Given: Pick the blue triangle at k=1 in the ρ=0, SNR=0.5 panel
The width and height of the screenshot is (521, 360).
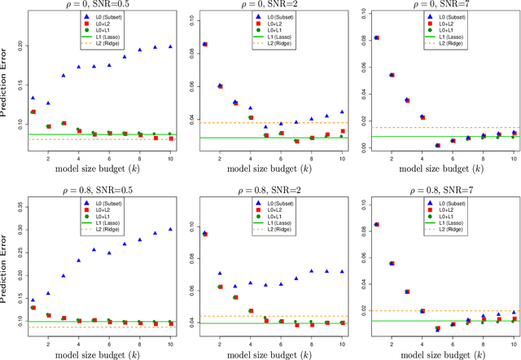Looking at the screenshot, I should (x=32, y=97).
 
